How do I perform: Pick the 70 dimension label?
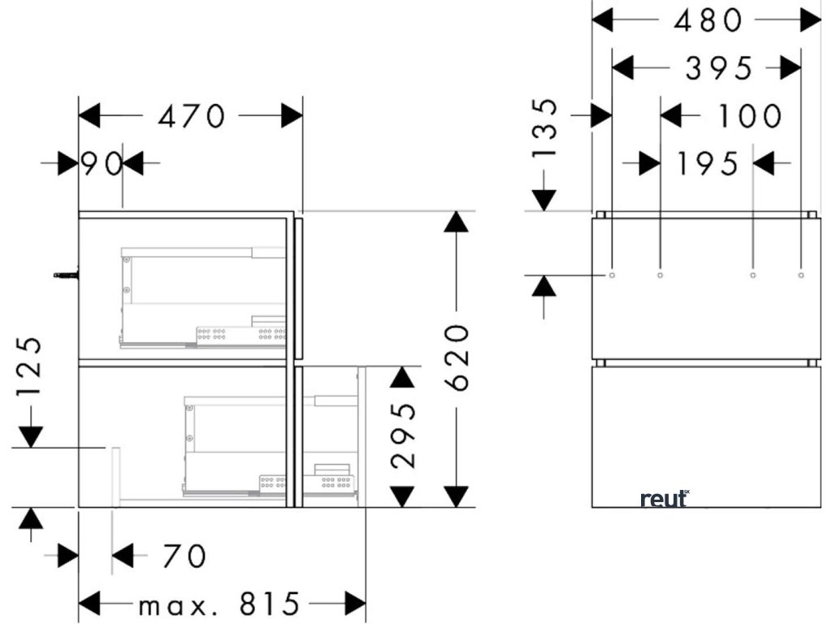[184, 557]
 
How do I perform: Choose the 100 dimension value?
[749, 116]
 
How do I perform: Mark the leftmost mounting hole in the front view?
[612, 275]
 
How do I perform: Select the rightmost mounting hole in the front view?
[801, 275]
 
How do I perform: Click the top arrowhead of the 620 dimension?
[457, 221]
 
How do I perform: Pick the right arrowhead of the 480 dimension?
[810, 20]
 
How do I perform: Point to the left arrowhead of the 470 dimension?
[89, 116]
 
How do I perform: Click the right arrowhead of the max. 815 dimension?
[356, 604]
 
